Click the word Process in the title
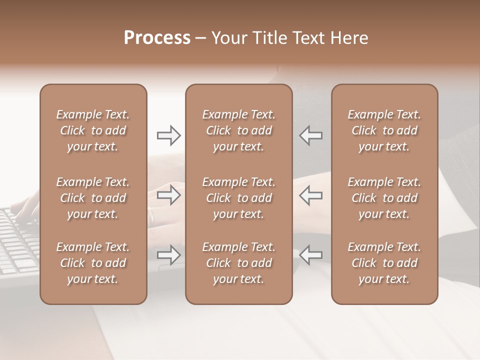[157, 38]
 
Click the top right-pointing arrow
[168, 135]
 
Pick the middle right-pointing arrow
[168, 195]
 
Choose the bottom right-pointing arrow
[168, 255]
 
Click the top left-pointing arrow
[310, 135]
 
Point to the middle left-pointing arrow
[310, 195]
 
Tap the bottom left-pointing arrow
[310, 255]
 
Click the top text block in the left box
[93, 130]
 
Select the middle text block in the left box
[93, 198]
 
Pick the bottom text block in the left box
[93, 263]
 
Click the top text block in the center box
[238, 130]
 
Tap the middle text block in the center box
[238, 198]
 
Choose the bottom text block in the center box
[238, 263]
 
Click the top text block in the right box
[384, 130]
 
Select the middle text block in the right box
[384, 198]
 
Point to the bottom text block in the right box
[384, 263]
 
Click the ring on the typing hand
[151, 214]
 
